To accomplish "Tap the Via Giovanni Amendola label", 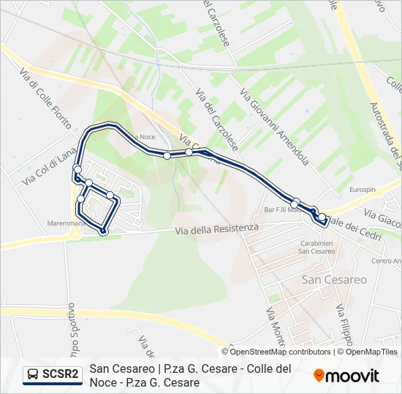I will click(275, 128).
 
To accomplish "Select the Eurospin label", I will click(363, 190).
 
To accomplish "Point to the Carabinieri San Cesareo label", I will click(317, 247).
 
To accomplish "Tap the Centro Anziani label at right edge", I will click(387, 260).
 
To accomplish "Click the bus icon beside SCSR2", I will click(32, 375).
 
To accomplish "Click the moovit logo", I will click(346, 376).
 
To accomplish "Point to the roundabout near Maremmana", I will click(75, 234).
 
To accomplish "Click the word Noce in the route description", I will click(103, 382).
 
